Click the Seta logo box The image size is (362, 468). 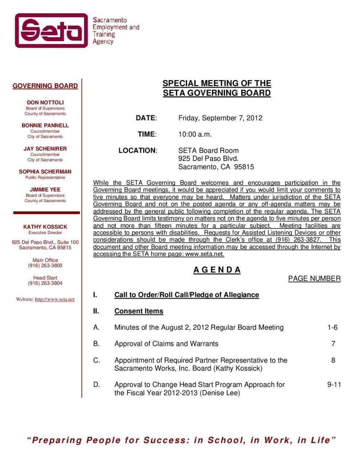point(51,30)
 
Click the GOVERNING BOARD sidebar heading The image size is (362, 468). point(45,86)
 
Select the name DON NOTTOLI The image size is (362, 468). point(45,102)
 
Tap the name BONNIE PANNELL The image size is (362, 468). point(45,125)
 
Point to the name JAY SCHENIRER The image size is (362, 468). point(45,149)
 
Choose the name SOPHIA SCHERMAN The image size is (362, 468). point(45,172)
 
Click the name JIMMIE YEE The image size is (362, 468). point(45,189)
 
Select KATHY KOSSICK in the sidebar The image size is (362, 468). point(45,227)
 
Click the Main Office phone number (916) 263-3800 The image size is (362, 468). point(45,266)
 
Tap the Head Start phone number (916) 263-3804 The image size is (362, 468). point(45,283)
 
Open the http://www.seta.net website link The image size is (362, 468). point(55,299)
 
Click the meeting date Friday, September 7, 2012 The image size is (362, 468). point(220,118)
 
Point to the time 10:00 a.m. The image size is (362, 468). point(195,134)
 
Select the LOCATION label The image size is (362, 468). point(138,150)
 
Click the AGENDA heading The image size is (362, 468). point(217,270)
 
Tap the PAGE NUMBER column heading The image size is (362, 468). point(314,279)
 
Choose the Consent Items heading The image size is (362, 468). point(139,311)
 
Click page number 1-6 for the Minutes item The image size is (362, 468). point(332,327)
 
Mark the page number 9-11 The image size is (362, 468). point(334,384)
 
